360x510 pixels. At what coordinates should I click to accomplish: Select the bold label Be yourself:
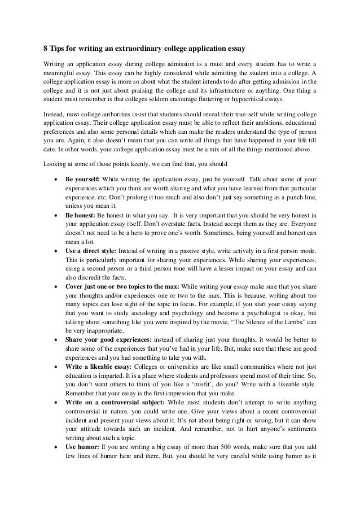pos(82,179)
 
